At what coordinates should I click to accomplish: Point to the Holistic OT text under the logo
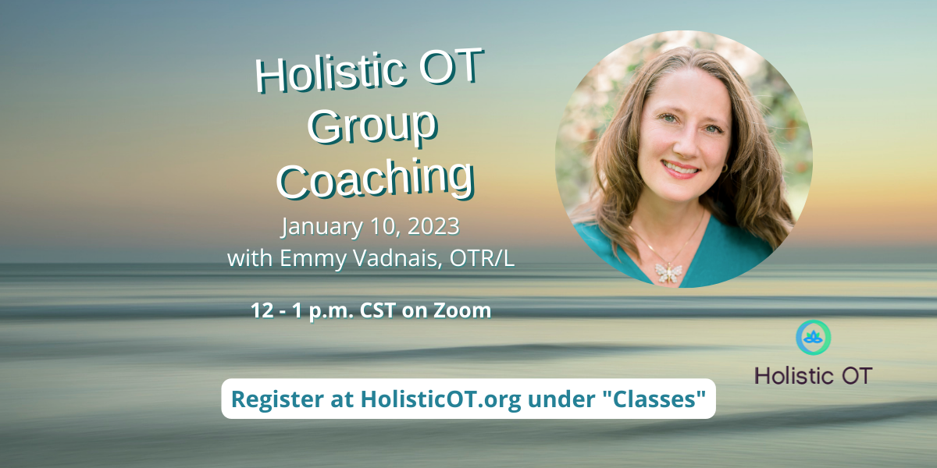[813, 375]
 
